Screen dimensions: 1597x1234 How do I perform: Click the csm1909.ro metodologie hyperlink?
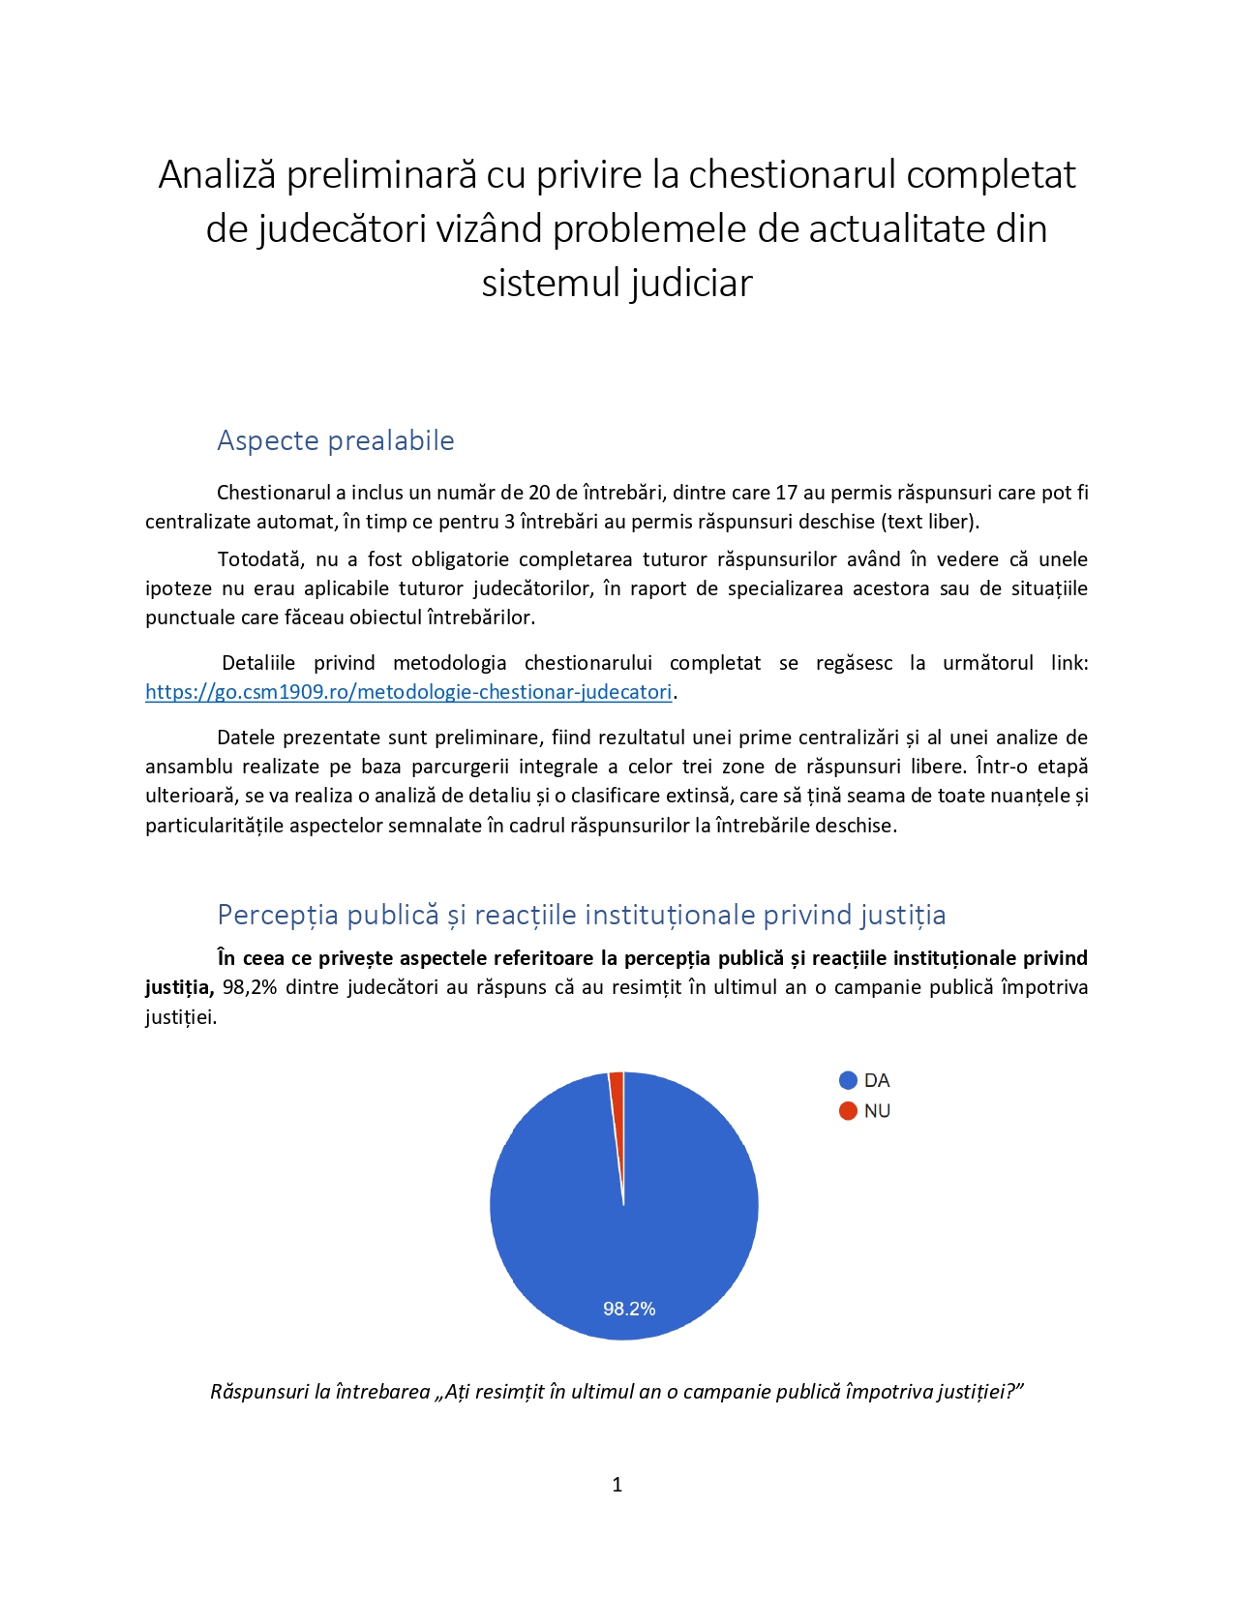pos(407,692)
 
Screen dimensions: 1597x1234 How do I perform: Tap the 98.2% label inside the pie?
pos(629,1309)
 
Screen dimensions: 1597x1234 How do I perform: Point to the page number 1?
pos(617,1485)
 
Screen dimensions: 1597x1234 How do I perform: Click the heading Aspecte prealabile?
pos(335,440)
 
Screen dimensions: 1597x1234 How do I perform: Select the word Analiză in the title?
pos(217,175)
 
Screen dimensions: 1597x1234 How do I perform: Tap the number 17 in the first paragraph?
pos(787,493)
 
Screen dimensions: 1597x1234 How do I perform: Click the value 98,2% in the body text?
pos(251,987)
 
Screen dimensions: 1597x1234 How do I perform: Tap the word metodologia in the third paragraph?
pos(449,663)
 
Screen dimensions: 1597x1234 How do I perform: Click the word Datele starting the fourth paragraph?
pos(245,738)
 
